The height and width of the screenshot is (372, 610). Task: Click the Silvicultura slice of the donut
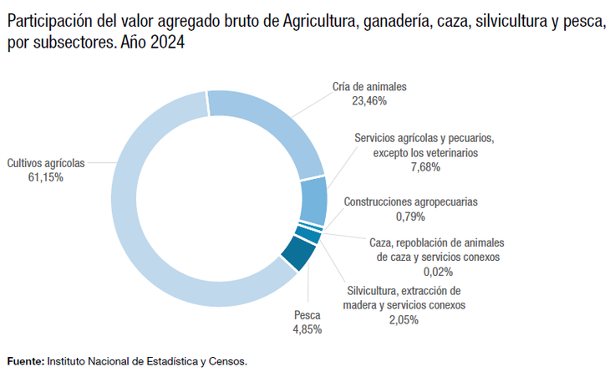click(308, 235)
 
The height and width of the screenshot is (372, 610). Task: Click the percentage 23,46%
click(369, 100)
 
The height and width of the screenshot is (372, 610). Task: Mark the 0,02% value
click(438, 272)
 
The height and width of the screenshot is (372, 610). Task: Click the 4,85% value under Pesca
click(307, 329)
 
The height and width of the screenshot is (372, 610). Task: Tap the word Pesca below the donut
click(307, 315)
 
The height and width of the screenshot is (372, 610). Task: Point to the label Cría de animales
click(369, 86)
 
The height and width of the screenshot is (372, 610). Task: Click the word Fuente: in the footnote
click(26, 362)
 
